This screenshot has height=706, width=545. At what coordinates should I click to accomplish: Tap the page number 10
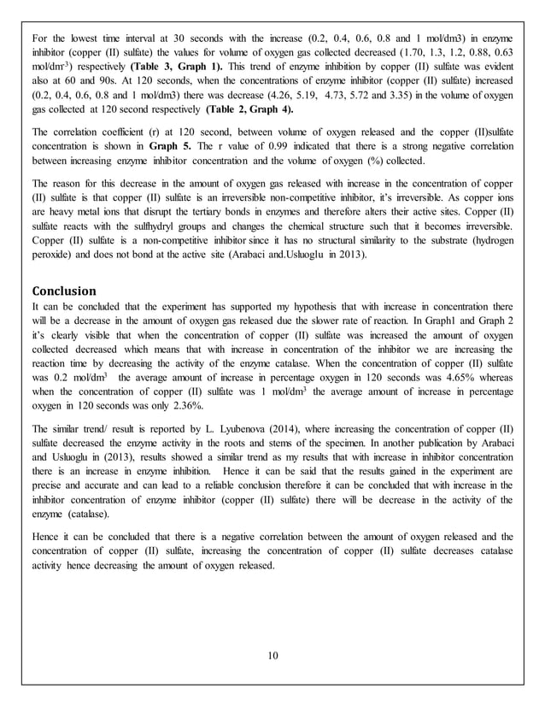(x=272, y=655)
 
